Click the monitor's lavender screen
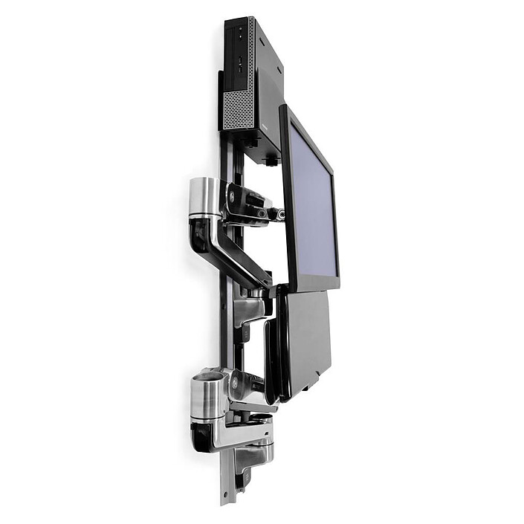313,201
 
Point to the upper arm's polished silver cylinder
203,197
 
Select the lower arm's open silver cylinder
208,398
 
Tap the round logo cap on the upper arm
232,198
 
